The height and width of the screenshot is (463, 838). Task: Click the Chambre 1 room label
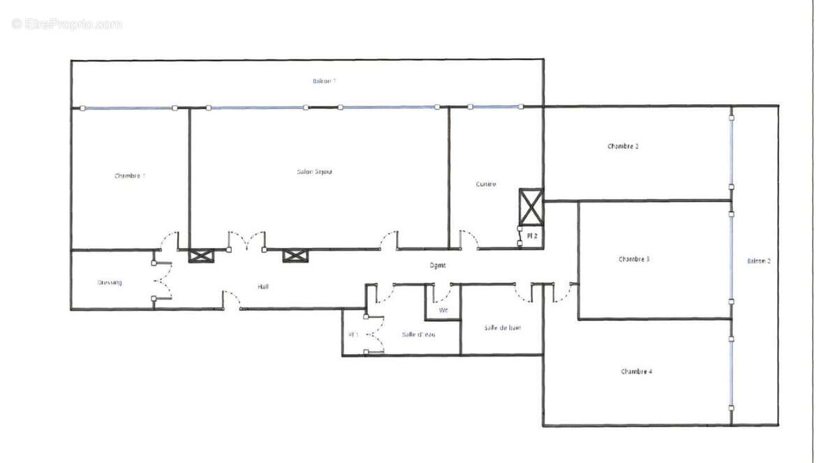tap(130, 176)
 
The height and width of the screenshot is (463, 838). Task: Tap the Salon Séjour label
tap(315, 172)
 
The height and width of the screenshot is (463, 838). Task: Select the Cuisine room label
tap(486, 184)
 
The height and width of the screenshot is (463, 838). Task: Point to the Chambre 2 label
tap(623, 147)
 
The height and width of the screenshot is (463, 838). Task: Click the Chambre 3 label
tap(634, 259)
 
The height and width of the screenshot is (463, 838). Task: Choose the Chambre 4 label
tap(636, 372)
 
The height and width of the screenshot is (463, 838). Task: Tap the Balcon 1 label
tap(324, 81)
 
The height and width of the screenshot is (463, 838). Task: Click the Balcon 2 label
tap(758, 261)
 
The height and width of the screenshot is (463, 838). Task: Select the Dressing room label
tap(110, 283)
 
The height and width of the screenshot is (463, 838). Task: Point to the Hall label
tap(263, 286)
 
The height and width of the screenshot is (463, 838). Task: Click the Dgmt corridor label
tap(437, 265)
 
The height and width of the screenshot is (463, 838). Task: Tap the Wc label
tap(443, 309)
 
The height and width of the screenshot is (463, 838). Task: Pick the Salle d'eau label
tap(418, 335)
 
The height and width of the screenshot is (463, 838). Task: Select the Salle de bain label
tap(502, 328)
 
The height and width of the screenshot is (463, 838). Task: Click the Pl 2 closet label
tap(532, 237)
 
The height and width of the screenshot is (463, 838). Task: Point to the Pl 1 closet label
tap(353, 335)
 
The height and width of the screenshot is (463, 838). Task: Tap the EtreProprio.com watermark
tap(67, 24)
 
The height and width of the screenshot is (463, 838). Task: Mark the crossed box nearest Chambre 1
tap(199, 256)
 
